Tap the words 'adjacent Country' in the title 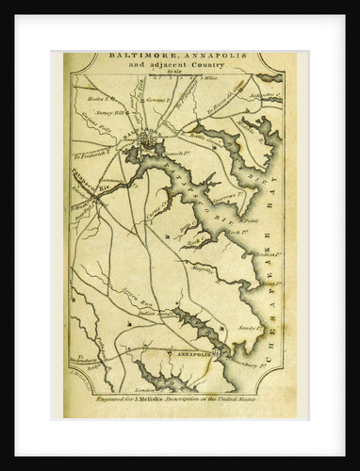tap(184, 67)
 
